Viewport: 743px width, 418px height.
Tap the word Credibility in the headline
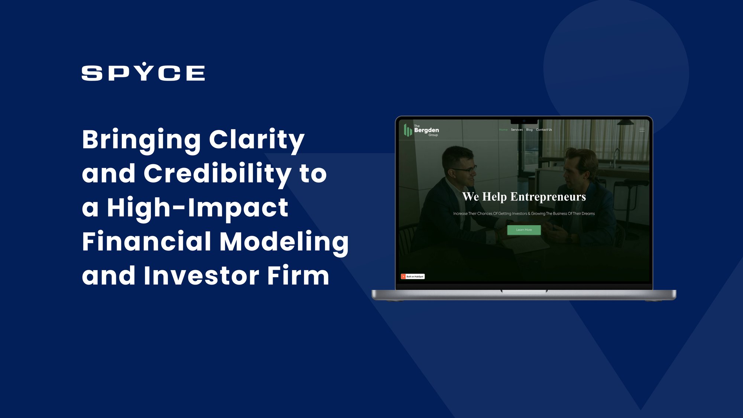click(x=218, y=174)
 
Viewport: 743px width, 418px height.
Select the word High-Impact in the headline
click(x=198, y=208)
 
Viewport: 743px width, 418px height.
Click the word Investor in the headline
click(x=201, y=276)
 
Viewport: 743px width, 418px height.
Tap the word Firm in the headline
click(x=298, y=276)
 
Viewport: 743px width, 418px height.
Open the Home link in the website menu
click(x=503, y=130)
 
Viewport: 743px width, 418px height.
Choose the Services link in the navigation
click(x=517, y=130)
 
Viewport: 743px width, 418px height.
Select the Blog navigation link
click(x=529, y=130)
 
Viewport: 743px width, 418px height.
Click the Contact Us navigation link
click(x=544, y=130)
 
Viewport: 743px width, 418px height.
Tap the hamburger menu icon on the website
click(x=642, y=130)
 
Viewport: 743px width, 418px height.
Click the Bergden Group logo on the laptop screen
click(x=421, y=130)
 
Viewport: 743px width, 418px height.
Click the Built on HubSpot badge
click(x=413, y=276)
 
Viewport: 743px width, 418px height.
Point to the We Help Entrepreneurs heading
click(x=524, y=197)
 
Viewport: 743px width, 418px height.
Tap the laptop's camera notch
click(x=524, y=121)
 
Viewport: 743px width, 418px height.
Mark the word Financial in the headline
click(x=147, y=242)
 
